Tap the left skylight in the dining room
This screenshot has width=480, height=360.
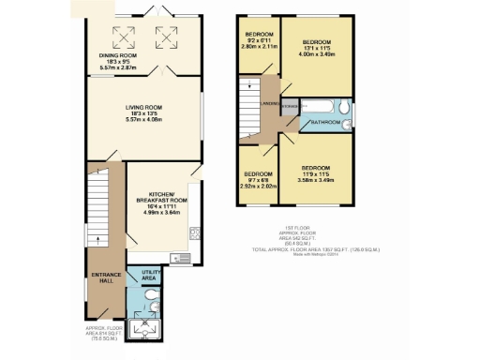point(121,37)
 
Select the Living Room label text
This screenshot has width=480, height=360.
point(144,108)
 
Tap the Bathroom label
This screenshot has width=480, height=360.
point(325,122)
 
